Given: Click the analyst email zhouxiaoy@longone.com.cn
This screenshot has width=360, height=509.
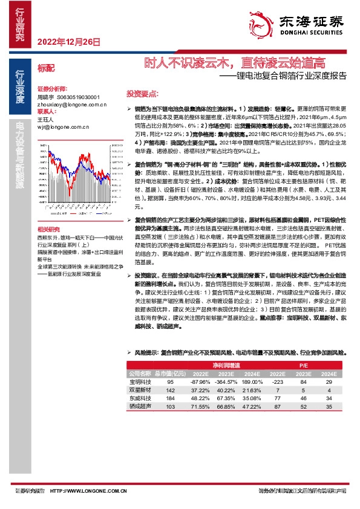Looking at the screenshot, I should (x=72, y=104).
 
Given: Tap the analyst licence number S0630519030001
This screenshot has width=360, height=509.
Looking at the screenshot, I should (x=78, y=97).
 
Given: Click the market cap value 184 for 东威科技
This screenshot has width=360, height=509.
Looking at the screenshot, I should (x=170, y=399).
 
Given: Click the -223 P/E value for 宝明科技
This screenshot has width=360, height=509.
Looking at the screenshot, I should (x=278, y=382).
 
